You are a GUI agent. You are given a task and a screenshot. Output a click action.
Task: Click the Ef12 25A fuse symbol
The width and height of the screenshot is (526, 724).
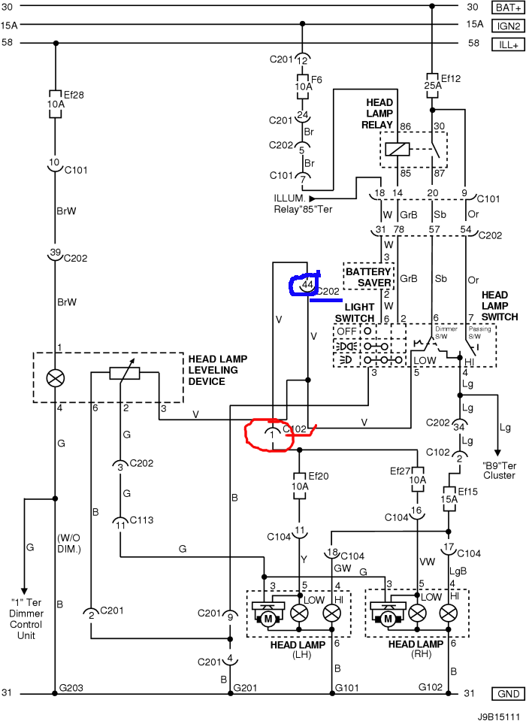click(x=431, y=82)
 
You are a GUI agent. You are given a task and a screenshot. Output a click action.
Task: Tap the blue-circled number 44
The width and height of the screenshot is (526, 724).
click(x=307, y=286)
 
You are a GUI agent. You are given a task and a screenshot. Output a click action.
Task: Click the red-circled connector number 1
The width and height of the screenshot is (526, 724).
click(x=271, y=433)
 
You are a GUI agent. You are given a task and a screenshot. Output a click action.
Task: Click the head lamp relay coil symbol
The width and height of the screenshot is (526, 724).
click(x=397, y=149)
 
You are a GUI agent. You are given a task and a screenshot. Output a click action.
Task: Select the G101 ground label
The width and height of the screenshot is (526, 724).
click(x=347, y=687)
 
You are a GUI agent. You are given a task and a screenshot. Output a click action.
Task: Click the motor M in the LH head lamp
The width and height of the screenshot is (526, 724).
click(x=266, y=618)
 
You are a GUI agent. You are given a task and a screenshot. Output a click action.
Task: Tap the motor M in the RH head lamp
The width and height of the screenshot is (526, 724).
click(x=388, y=618)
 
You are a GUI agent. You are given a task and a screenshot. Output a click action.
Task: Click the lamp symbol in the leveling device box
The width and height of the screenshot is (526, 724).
click(x=55, y=378)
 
